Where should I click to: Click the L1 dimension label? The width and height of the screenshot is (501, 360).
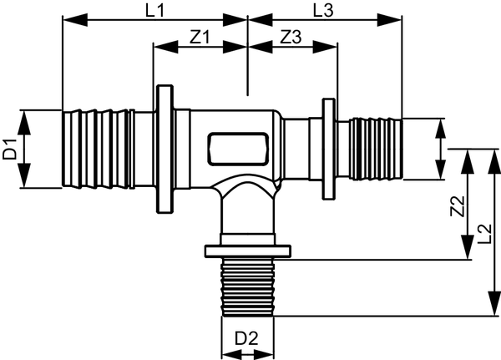tap(155, 11)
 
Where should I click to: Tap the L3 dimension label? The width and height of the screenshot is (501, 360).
tap(322, 11)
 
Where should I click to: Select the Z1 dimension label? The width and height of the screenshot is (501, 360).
tap(200, 37)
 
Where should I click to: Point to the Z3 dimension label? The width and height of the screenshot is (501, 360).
tap(291, 37)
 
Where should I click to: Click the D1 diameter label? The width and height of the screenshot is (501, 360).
tap(9, 149)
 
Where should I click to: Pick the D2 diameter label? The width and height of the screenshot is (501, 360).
tap(246, 338)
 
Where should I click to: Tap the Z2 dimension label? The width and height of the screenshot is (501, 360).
tap(458, 206)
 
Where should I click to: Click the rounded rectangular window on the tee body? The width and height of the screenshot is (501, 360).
tap(238, 149)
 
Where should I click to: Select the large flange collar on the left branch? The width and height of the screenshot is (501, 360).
tap(164, 149)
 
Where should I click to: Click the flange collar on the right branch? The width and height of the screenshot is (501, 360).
tap(328, 149)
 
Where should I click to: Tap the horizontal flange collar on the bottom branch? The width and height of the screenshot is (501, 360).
tap(248, 251)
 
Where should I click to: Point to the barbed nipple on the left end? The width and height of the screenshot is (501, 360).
tap(96, 149)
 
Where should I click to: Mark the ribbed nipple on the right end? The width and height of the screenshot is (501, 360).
tap(376, 149)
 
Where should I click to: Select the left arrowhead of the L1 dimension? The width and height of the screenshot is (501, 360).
tap(75, 20)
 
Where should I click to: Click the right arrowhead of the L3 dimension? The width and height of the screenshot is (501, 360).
tap(389, 20)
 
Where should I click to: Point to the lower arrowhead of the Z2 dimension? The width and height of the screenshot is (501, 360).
tap(468, 246)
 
